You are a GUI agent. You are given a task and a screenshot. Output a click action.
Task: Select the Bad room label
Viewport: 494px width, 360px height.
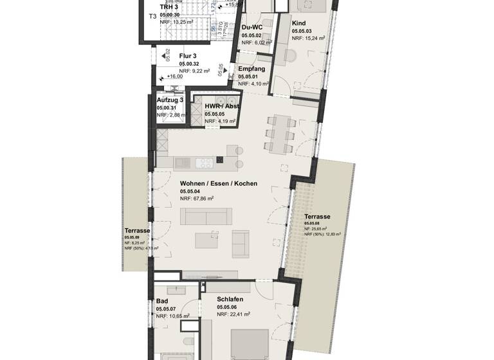pyautogui.click(x=162, y=301)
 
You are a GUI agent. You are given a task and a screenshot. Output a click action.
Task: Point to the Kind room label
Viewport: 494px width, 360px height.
pyautogui.click(x=299, y=22)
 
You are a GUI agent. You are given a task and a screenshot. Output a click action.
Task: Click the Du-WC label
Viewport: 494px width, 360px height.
pyautogui.click(x=253, y=28)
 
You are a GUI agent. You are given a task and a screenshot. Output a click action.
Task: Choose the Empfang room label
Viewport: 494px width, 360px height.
pyautogui.click(x=252, y=69)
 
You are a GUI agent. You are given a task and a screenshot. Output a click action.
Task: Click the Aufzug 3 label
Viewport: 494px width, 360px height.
pyautogui.click(x=170, y=100)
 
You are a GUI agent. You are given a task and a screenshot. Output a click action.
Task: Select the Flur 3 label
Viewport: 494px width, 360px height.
pyautogui.click(x=188, y=56)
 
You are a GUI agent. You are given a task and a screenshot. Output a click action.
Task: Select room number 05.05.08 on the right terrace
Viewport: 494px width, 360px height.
pyautogui.click(x=313, y=223)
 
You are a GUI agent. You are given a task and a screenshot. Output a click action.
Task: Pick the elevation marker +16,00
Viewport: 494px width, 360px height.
pyautogui.click(x=174, y=76)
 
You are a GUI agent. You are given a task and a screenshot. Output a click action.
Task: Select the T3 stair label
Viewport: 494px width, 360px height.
pyautogui.click(x=152, y=16)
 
